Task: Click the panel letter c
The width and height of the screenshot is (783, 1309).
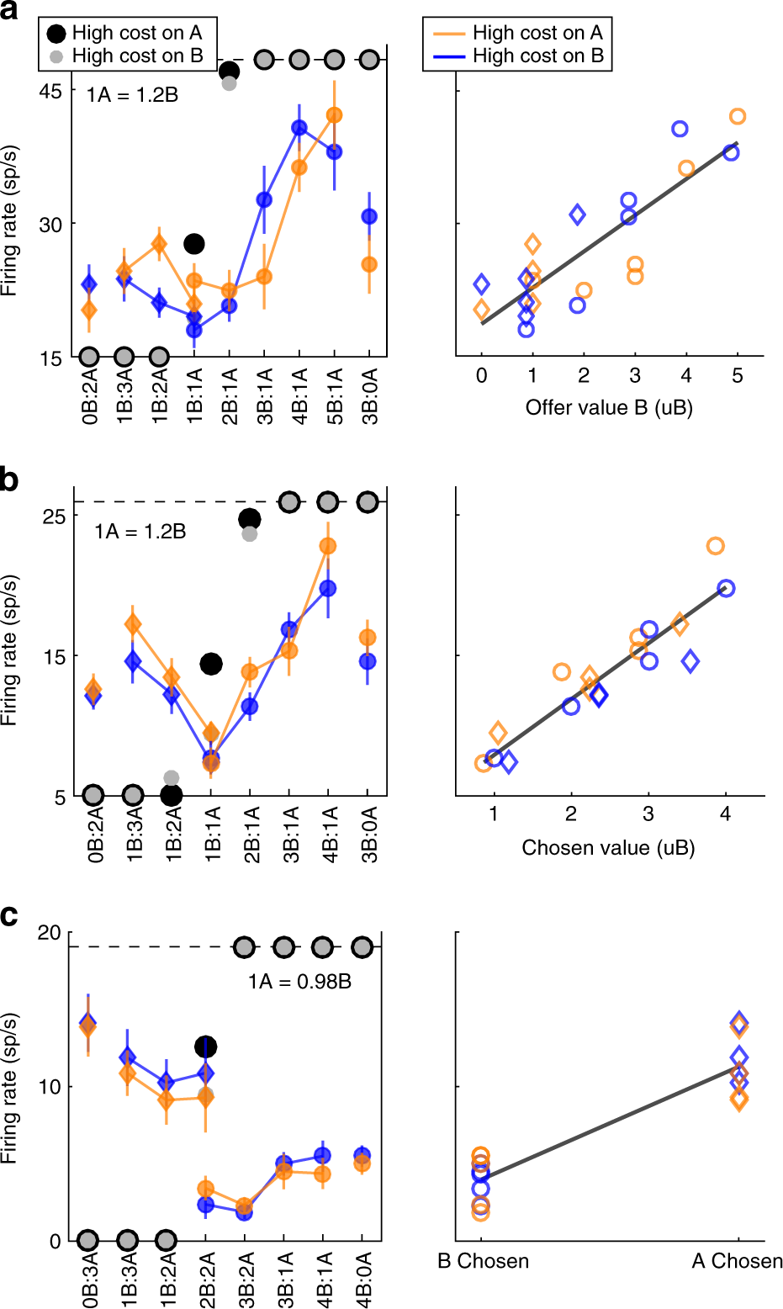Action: (x=9, y=914)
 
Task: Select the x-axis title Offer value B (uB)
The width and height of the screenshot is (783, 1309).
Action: (x=609, y=408)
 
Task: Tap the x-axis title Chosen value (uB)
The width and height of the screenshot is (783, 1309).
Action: (x=608, y=847)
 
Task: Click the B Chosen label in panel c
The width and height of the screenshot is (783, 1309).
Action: (x=484, y=1261)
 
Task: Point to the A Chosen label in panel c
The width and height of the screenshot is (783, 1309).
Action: (x=737, y=1261)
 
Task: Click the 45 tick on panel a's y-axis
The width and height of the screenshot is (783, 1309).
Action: (x=51, y=91)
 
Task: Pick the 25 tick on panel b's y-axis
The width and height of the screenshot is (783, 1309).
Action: (x=54, y=516)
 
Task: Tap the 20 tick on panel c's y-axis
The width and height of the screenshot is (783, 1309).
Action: (x=50, y=932)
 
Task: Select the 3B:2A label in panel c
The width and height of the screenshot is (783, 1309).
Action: (x=245, y=1280)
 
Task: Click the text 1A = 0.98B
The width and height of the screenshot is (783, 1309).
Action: (x=299, y=981)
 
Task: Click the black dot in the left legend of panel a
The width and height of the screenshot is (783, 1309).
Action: (x=56, y=33)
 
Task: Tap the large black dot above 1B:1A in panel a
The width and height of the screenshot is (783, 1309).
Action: (x=194, y=244)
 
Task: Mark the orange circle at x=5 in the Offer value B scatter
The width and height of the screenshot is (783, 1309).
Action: (x=738, y=116)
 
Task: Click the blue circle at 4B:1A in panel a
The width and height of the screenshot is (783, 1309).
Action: (x=299, y=128)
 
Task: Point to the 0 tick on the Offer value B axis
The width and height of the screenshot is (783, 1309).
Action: (x=481, y=376)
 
